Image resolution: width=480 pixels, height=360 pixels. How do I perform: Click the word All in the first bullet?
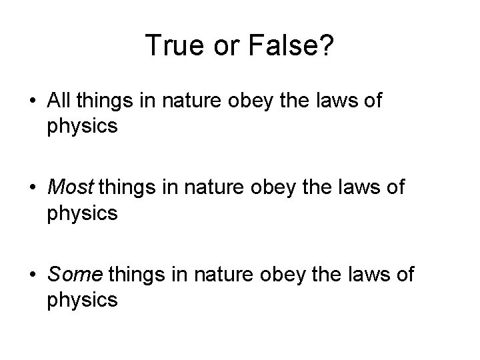pyautogui.click(x=61, y=102)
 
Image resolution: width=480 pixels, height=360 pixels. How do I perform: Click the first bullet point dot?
pyautogui.click(x=32, y=103)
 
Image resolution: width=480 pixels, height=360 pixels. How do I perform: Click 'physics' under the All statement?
pyautogui.click(x=83, y=126)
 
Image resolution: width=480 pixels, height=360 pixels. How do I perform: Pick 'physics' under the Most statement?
pyautogui.click(x=83, y=213)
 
